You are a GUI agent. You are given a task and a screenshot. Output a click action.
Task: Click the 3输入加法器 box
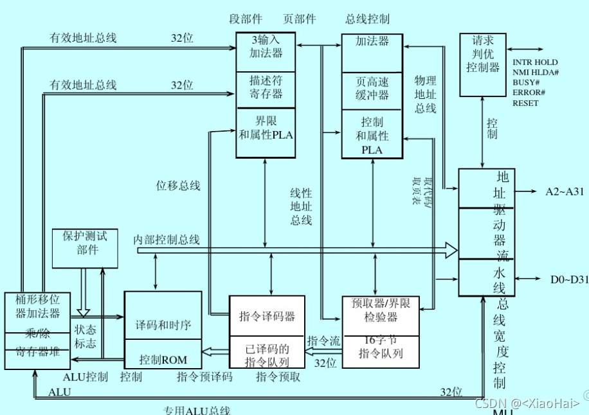pyautogui.click(x=266, y=47)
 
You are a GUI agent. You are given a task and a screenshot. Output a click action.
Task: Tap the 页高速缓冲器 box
pyautogui.click(x=372, y=89)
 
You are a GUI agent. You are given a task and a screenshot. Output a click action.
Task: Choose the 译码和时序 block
pyautogui.click(x=163, y=324)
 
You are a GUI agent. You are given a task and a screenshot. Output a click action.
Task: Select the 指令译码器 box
pyautogui.click(x=267, y=317)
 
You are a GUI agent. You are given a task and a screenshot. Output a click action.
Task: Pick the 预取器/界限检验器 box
pyautogui.click(x=381, y=312)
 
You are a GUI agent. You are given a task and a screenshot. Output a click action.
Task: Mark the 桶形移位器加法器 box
pyautogui.click(x=37, y=306)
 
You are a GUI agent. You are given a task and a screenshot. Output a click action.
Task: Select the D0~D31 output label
pyautogui.click(x=568, y=279)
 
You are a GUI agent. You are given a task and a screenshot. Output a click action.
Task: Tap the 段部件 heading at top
pyautogui.click(x=246, y=19)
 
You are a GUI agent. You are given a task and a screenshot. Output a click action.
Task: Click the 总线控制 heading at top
pyautogui.click(x=367, y=19)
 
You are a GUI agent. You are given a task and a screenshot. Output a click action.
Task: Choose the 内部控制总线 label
pyautogui.click(x=167, y=240)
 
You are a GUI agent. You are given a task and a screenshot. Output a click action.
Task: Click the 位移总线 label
pyautogui.click(x=178, y=186)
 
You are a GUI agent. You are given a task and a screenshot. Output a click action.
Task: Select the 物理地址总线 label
pyautogui.click(x=425, y=95)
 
